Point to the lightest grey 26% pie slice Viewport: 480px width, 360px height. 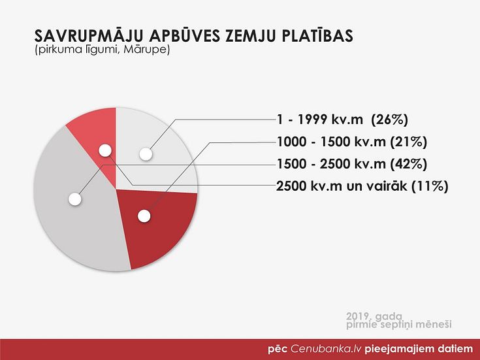(x=153, y=153)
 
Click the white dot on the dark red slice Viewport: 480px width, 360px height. (x=144, y=216)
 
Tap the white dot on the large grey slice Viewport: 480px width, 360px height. (x=74, y=199)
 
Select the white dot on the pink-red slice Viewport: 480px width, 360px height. (x=105, y=150)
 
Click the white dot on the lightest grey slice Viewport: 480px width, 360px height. (x=146, y=154)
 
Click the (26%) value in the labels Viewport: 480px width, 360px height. (x=389, y=120)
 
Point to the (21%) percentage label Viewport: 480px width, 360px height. (x=408, y=142)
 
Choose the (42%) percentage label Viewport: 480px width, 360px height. (x=408, y=164)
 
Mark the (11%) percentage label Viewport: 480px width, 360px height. (x=430, y=186)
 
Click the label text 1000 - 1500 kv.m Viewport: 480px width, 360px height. (x=331, y=142)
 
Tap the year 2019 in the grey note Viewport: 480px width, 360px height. (x=359, y=316)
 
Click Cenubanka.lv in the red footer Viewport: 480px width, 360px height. (x=326, y=349)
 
